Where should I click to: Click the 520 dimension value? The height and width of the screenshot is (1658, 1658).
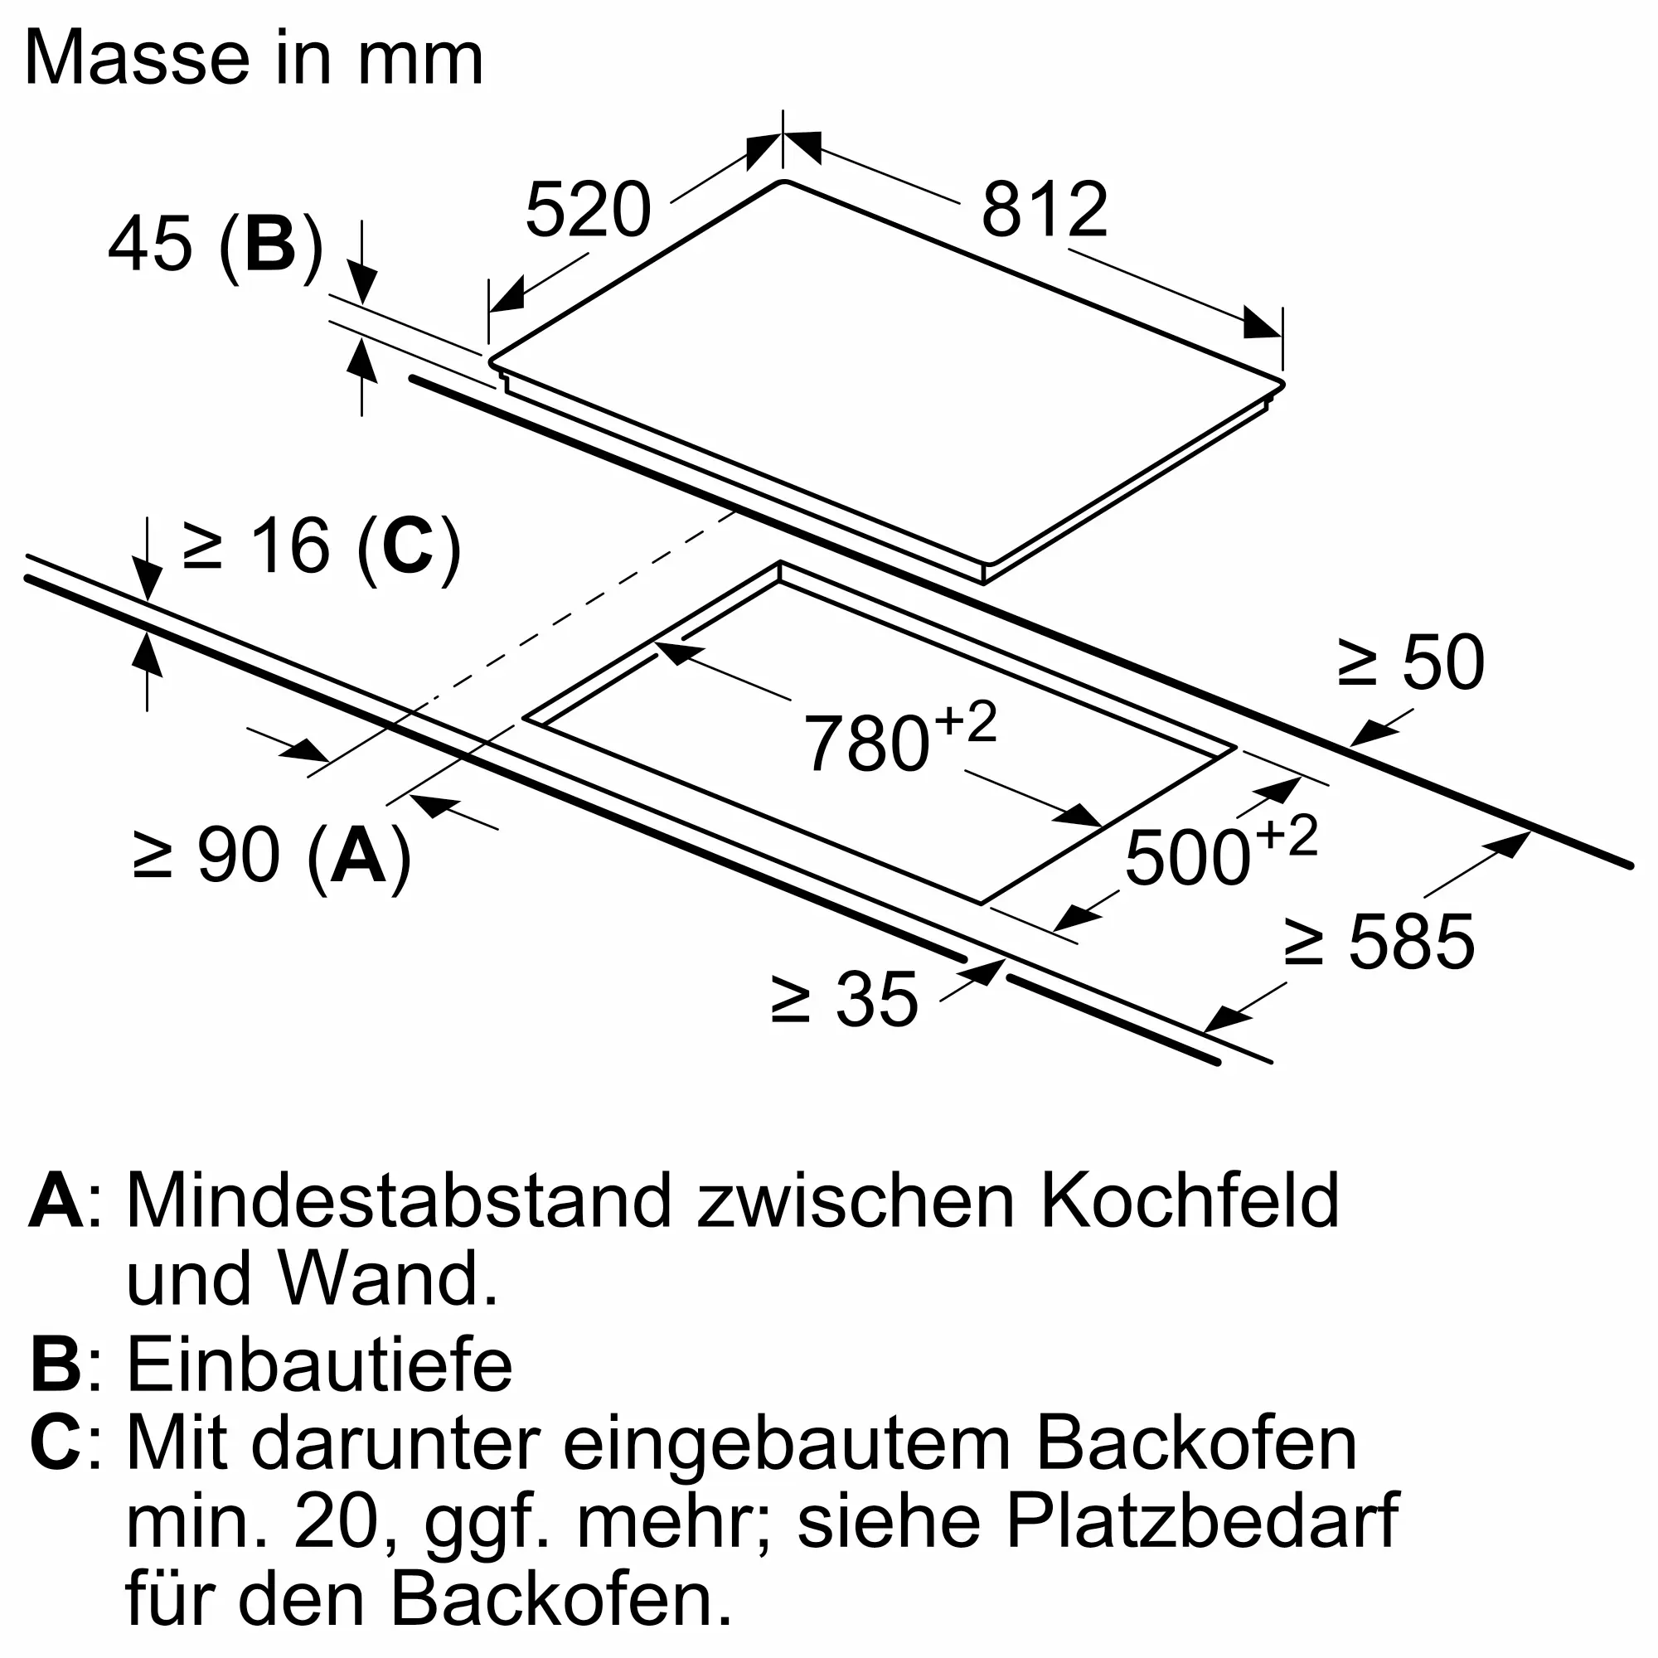[589, 210]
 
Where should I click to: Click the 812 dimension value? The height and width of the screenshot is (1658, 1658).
[1045, 210]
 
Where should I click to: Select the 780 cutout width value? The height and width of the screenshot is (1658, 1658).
[867, 743]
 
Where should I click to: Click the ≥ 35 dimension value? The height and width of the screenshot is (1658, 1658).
[845, 999]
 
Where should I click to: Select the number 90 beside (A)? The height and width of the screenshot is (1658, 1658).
[239, 855]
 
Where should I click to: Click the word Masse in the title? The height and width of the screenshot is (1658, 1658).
[138, 57]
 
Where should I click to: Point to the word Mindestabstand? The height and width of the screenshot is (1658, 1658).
[398, 1201]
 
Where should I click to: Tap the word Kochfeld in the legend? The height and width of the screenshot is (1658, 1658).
[1190, 1201]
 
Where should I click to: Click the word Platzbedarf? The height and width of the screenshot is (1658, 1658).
[1202, 1526]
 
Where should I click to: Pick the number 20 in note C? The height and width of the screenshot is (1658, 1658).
[337, 1526]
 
